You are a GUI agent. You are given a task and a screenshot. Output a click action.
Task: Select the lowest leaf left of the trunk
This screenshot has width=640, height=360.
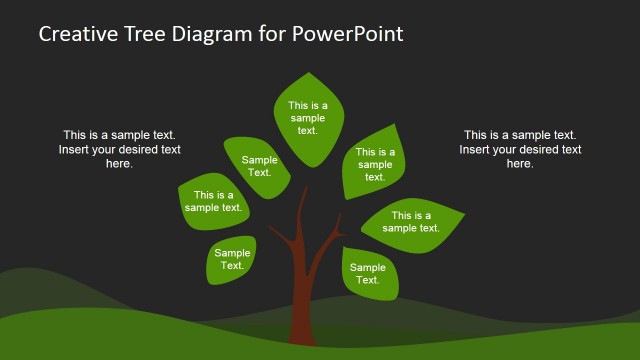coord(232,260)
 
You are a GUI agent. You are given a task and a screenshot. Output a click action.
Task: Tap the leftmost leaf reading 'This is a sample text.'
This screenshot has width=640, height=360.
coord(214,201)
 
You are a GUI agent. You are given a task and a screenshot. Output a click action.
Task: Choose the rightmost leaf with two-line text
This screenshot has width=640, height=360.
coord(411,222)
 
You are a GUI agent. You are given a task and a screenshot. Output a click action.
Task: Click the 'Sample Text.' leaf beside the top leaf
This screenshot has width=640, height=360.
coord(259,166)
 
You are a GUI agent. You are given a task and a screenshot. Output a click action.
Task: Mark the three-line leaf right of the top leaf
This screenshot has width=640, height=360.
coord(375,164)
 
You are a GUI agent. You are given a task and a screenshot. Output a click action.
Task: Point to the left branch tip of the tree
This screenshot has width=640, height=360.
coord(272,231)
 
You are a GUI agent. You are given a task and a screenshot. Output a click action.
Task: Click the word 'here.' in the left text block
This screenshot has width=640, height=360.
coord(119,164)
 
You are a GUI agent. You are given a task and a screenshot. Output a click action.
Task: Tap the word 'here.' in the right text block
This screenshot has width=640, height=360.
coord(520,164)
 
